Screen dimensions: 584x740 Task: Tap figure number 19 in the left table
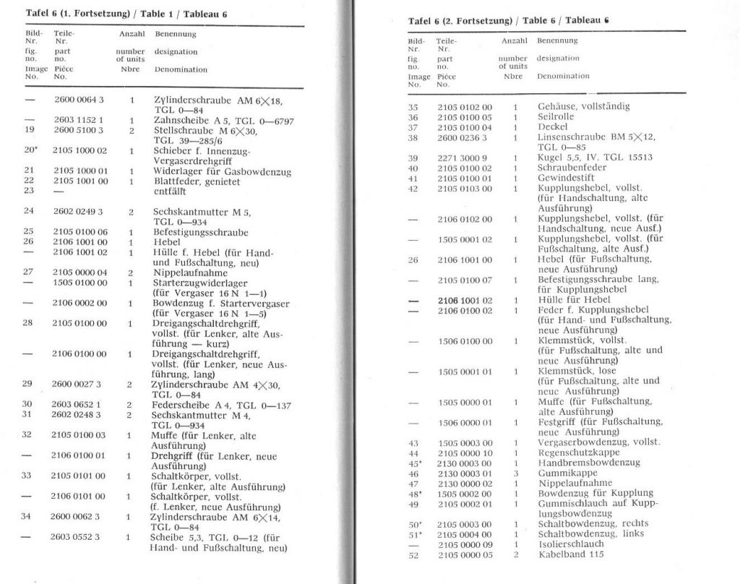30,130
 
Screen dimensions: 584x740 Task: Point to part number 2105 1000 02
80,151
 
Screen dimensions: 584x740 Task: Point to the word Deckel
554,126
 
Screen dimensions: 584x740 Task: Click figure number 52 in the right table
414,554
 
